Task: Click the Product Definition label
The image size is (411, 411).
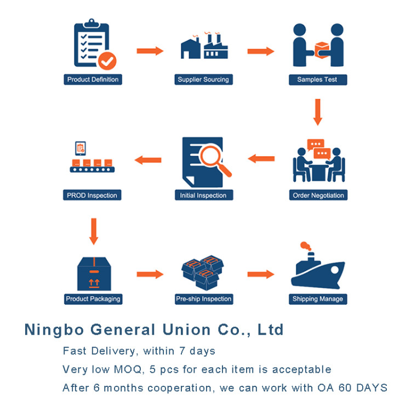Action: [x=93, y=79]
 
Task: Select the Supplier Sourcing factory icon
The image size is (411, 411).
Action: [x=203, y=47]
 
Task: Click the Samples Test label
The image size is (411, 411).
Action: [x=318, y=79]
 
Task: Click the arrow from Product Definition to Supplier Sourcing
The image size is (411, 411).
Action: [x=150, y=51]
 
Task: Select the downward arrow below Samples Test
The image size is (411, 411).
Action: [x=317, y=112]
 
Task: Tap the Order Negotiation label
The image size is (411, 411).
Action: [x=318, y=195]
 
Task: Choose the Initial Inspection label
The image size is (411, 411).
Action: [x=203, y=195]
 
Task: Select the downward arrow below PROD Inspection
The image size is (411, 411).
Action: [x=93, y=231]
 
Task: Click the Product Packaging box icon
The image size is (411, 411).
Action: [x=94, y=273]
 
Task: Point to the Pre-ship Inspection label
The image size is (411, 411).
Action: [x=204, y=299]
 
